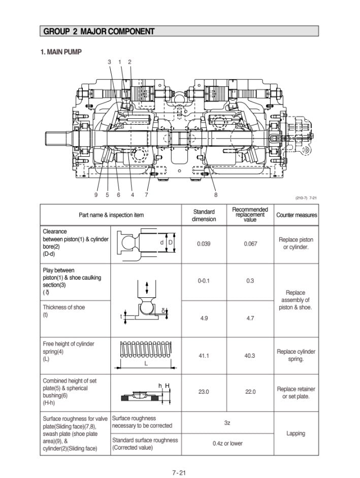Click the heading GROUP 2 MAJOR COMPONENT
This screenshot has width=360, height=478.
pos(99,31)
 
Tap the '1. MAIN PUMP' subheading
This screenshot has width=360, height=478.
pos(61,52)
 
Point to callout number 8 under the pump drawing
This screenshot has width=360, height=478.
pos(215,194)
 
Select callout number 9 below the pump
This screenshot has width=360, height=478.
pos(96,194)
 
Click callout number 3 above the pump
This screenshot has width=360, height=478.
pos(109,62)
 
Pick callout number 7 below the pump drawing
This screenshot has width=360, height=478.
pos(146,194)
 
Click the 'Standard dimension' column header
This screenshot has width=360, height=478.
pos(204,215)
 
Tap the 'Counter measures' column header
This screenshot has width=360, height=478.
pos(297,215)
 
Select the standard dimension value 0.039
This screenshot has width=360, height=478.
pos(204,244)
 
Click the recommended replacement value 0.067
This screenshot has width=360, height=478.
pos(250,244)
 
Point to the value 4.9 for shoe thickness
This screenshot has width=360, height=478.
pos(204,318)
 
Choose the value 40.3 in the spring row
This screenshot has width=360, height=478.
pos(250,356)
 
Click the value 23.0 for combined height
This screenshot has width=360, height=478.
pos(204,392)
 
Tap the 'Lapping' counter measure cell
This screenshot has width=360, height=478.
pos(296,434)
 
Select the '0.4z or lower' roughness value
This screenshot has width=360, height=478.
pos(227,443)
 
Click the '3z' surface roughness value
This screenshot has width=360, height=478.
pos(227,422)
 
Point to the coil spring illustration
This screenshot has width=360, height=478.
pos(146,349)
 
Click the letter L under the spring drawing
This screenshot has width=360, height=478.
pos(146,364)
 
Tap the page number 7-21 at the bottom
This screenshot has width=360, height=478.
pos(179,473)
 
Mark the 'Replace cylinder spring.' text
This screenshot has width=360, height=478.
pos(296,355)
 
